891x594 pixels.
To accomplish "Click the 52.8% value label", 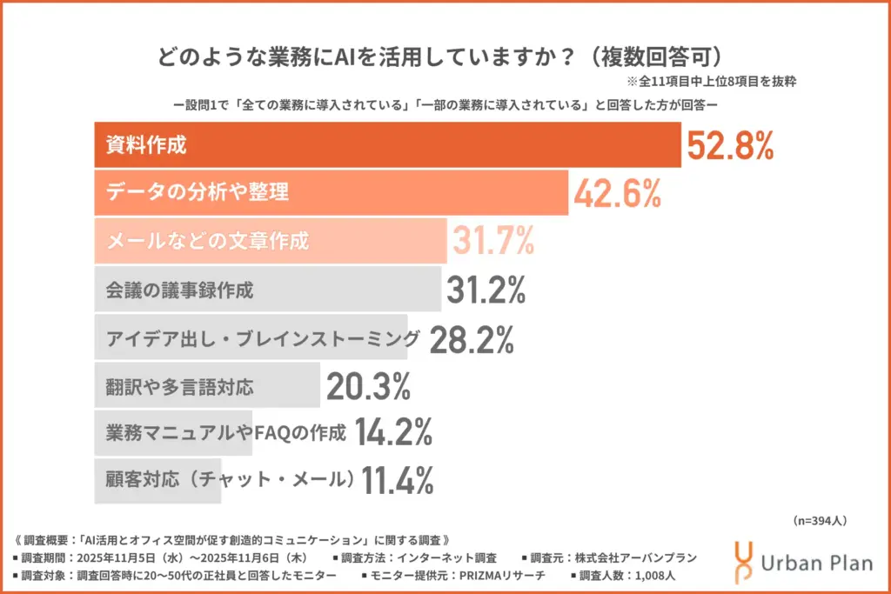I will tap(730, 145).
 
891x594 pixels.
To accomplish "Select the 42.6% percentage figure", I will tap(617, 193).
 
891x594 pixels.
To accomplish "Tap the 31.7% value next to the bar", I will tap(492, 241).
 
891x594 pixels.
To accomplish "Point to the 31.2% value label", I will tap(486, 290).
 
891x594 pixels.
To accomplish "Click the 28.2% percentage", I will tap(472, 338).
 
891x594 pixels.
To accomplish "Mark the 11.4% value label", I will tap(397, 479).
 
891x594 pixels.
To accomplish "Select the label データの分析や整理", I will tap(198, 193).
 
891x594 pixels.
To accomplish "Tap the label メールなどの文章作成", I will tap(207, 241).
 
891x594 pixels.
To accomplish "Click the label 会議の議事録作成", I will tap(179, 290).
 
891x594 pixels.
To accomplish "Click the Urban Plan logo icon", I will tap(745, 561).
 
